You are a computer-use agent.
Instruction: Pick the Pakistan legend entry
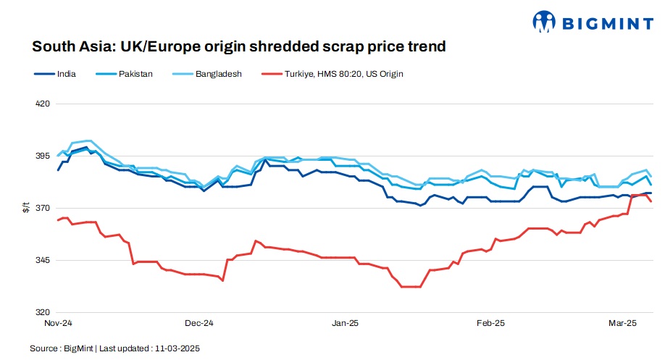coord(135,74)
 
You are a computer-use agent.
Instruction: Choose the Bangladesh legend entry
coord(218,74)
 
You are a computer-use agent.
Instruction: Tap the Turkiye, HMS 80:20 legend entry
coord(343,74)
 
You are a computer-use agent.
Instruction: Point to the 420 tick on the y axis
coord(42,104)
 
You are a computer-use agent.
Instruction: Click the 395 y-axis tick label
coord(42,156)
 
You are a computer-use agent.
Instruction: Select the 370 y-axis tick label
coord(42,208)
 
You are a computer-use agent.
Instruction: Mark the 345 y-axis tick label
coord(42,260)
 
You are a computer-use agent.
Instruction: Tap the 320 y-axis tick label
coord(42,312)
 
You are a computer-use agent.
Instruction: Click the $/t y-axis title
coord(26,208)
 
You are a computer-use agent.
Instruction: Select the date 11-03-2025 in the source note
coord(177,348)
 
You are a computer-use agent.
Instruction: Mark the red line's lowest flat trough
coord(410,287)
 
